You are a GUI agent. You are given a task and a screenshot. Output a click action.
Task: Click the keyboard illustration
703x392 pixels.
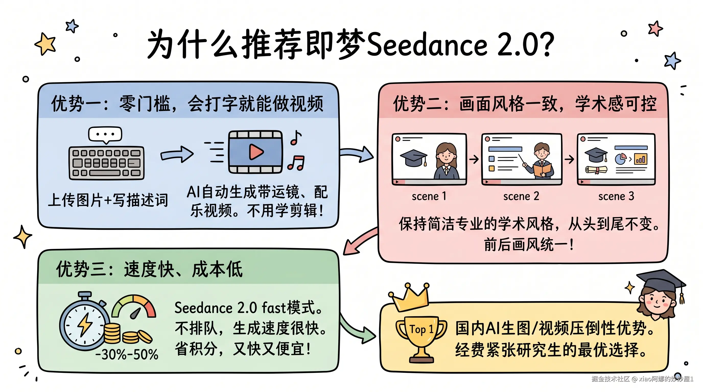[107, 163]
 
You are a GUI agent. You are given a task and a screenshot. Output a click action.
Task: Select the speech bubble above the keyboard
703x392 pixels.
[105, 134]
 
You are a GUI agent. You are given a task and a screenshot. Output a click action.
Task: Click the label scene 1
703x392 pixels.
[429, 196]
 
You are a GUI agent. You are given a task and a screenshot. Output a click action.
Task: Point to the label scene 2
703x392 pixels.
[521, 196]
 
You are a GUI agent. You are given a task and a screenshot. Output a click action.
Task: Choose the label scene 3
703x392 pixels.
[616, 196]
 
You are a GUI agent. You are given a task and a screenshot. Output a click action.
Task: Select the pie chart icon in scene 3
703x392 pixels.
[620, 159]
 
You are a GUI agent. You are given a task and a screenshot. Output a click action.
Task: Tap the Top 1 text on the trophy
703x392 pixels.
[421, 329]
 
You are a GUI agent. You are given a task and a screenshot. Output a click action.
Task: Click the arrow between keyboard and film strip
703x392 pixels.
[177, 154]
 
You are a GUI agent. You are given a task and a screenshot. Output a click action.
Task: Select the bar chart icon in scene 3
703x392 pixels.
[640, 159]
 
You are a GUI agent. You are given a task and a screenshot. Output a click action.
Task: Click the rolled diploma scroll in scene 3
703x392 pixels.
[596, 170]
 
